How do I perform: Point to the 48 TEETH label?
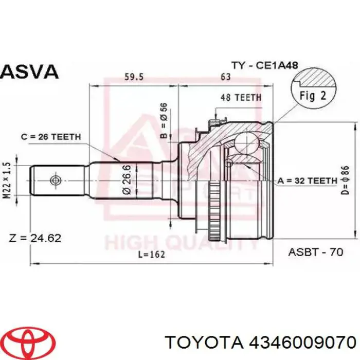(241, 97)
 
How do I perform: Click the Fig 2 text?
(313, 96)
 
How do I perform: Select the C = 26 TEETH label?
(51, 137)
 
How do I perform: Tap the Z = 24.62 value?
(35, 238)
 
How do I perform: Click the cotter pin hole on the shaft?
(55, 181)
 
